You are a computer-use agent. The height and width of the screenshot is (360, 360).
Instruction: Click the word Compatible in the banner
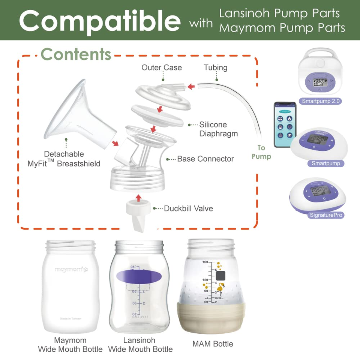[99, 21]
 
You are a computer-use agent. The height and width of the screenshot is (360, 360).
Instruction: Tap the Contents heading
[76, 54]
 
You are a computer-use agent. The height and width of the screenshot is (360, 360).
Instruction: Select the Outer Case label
[162, 68]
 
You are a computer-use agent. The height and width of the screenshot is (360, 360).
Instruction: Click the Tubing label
[216, 68]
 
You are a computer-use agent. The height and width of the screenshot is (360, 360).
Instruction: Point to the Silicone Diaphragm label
[218, 129]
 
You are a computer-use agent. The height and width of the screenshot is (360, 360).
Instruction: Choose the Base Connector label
[205, 159]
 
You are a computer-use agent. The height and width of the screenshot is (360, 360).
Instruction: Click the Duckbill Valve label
[188, 208]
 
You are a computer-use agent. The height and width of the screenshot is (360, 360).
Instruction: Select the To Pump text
[261, 152]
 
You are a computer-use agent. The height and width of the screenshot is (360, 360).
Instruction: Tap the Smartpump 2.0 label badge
[322, 101]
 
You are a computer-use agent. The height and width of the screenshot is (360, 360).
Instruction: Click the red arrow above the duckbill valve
[139, 198]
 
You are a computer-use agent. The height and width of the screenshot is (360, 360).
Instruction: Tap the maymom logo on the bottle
[71, 269]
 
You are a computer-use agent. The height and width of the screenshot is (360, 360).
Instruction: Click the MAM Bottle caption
[213, 344]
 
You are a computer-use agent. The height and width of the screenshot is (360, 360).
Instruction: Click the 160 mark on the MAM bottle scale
[205, 262]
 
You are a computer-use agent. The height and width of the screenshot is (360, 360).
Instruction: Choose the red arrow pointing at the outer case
[192, 87]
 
